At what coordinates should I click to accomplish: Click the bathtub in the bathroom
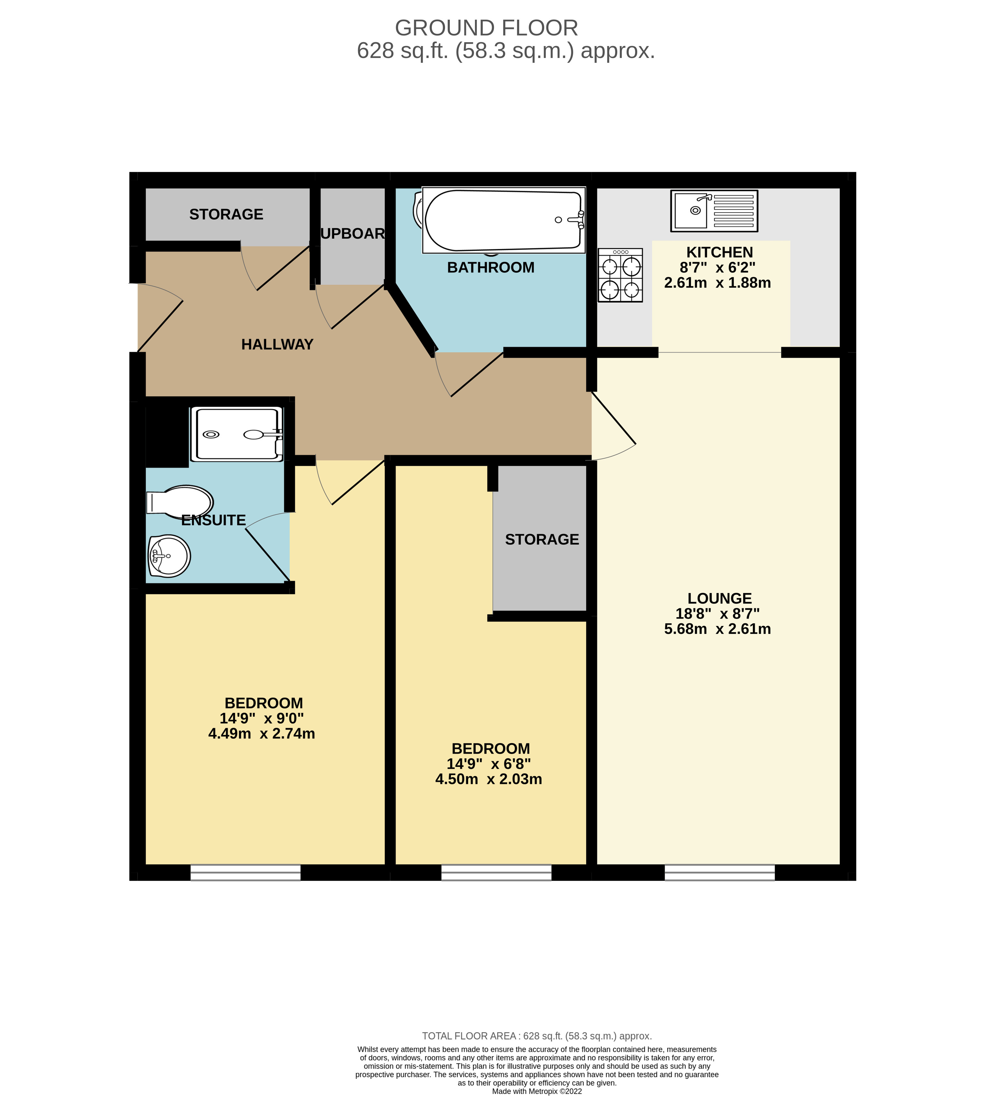coord(503,220)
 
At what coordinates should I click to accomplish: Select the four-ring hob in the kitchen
coord(620,275)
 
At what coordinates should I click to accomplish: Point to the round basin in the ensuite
coord(169,556)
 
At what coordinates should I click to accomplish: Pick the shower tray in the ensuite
coord(236,434)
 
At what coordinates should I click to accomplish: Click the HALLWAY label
coord(277,344)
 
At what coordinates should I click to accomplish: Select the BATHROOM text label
coord(490,267)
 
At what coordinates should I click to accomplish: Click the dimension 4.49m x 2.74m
coord(261,733)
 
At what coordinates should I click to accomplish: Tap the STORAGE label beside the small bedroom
coord(542,539)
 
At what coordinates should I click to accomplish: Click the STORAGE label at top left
coord(226,214)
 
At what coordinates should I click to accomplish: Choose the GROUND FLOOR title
coord(486,28)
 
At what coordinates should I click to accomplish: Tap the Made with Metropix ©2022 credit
coord(536,1091)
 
